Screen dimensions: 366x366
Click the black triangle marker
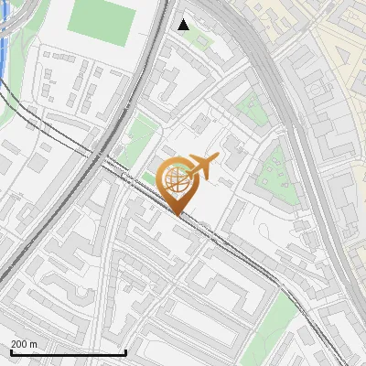click(x=184, y=24)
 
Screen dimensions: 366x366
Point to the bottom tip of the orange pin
click(x=178, y=215)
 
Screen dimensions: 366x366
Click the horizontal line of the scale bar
click(x=68, y=353)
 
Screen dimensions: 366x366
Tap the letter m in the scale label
click(x=34, y=344)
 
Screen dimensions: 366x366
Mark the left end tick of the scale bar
click(x=10, y=351)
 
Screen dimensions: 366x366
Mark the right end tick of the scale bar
click(x=125, y=351)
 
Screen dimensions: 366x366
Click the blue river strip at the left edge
click(x=5, y=37)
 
